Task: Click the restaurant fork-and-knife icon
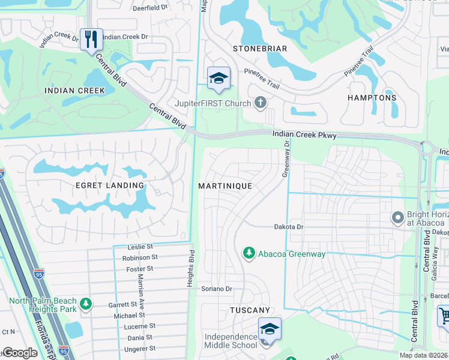coord(91,40)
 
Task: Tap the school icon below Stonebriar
coord(218,77)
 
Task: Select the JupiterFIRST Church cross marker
coord(260,103)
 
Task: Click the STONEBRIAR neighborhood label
coord(260,49)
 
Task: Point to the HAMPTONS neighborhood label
coord(372,97)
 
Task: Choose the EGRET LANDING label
coord(110,185)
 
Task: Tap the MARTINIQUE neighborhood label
coord(225,186)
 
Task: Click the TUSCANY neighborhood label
coord(250,310)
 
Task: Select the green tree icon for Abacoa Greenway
coord(249,254)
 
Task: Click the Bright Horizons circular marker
coord(397,217)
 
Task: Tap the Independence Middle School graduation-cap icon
coord(270,330)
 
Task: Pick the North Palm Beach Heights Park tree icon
coord(86,305)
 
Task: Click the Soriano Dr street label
coord(217,289)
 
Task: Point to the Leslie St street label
coord(140,247)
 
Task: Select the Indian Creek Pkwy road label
coord(304,136)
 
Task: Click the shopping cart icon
coord(443,315)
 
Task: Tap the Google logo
coord(20,353)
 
